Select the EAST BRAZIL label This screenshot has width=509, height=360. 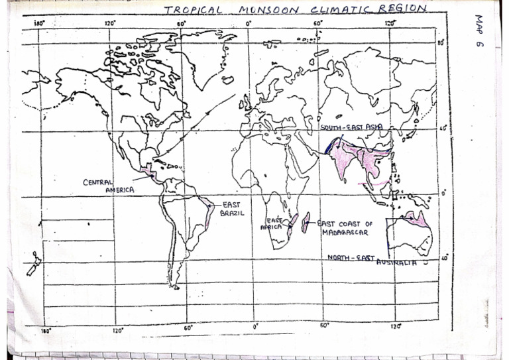click(x=233, y=209)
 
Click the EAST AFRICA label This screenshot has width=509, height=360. click(x=274, y=223)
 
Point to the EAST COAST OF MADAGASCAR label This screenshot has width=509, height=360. click(x=345, y=228)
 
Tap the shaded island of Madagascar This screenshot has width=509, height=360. click(x=305, y=223)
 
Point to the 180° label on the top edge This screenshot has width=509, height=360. click(x=38, y=23)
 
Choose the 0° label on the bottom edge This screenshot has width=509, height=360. click(x=255, y=326)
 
